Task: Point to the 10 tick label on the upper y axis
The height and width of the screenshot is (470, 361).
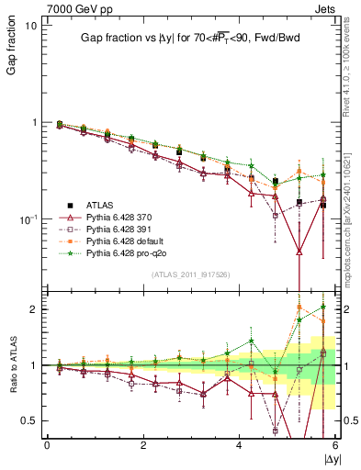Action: tap(29, 26)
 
